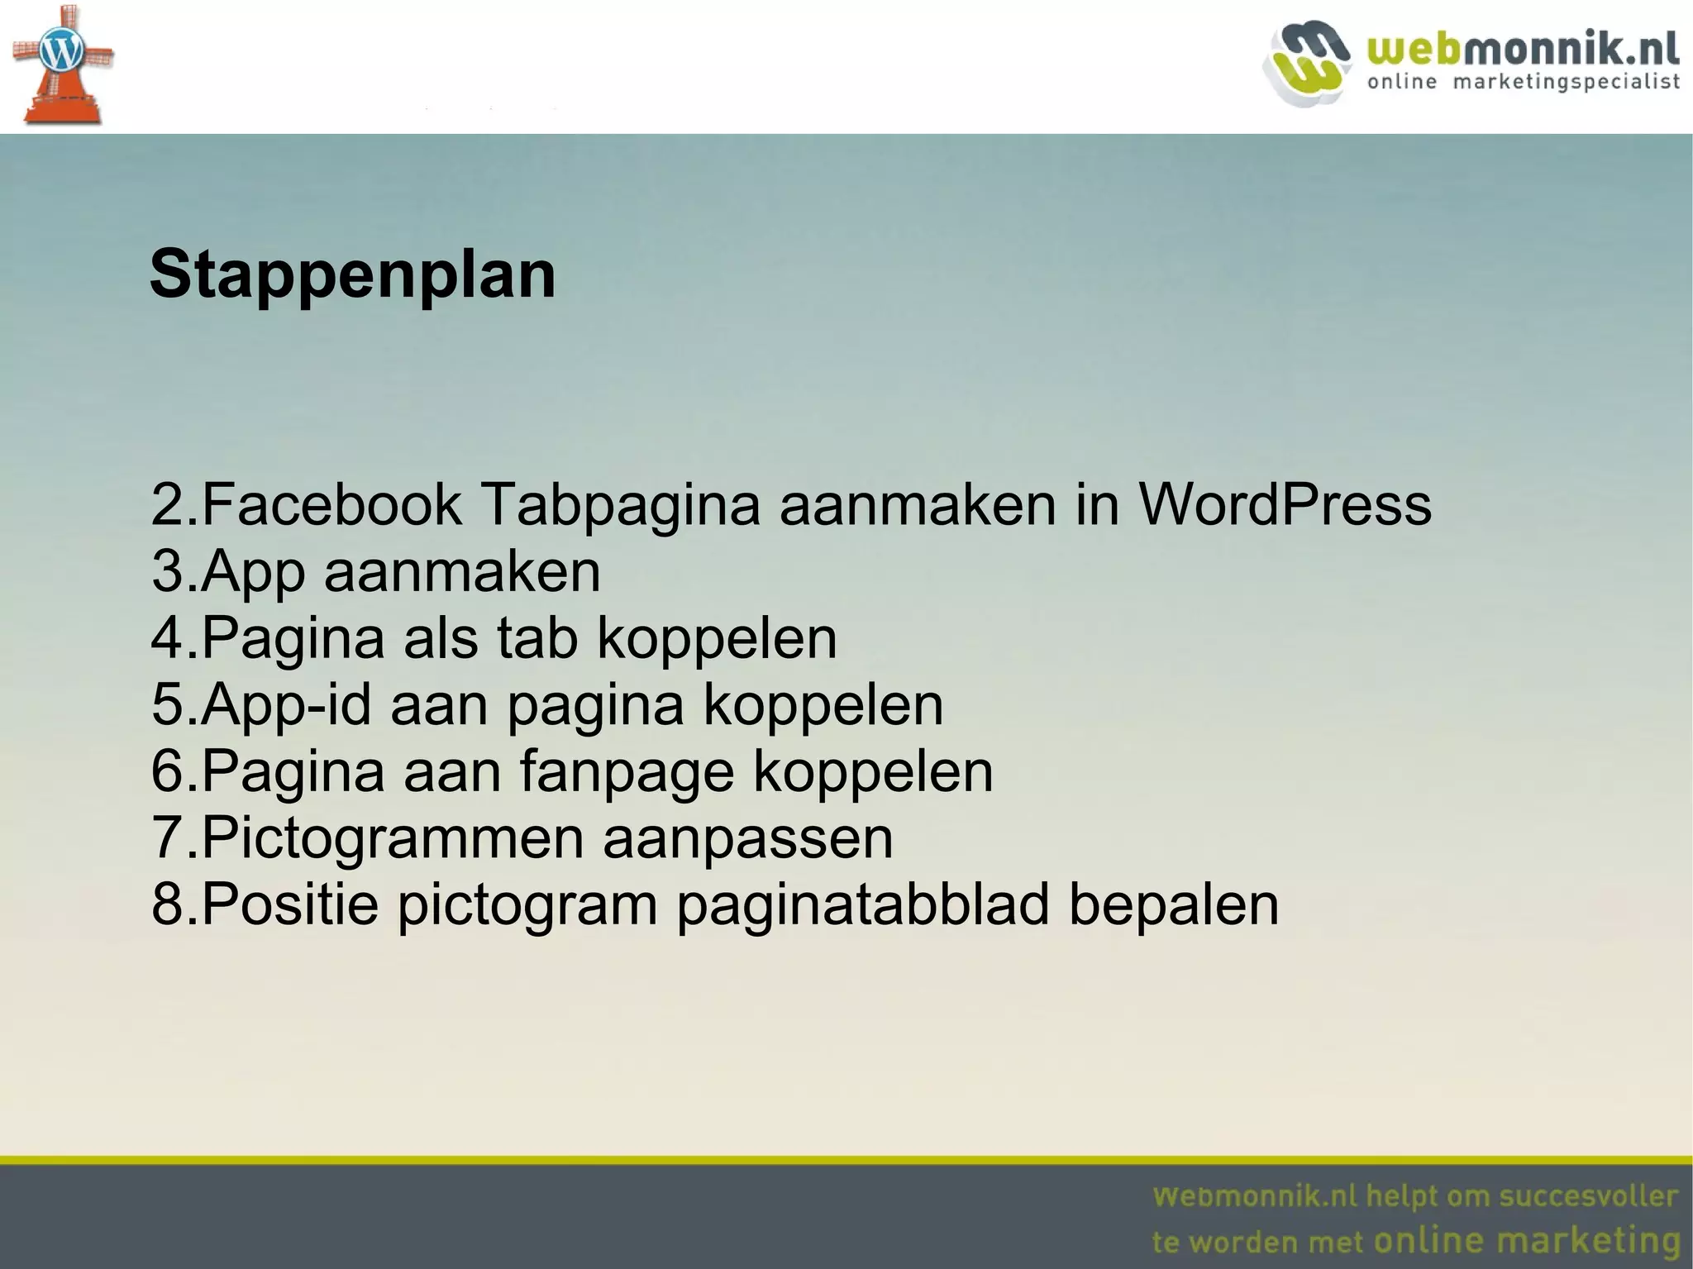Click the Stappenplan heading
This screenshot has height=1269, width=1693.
[x=352, y=275]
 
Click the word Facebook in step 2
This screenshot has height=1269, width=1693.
[x=331, y=504]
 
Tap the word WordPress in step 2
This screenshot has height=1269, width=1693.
[x=1285, y=504]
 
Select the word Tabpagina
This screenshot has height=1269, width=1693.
[x=620, y=506]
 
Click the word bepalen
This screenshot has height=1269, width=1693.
[x=1174, y=904]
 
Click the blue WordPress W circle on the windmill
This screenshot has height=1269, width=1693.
[x=61, y=53]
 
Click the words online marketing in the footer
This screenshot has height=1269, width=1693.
[x=1526, y=1240]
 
